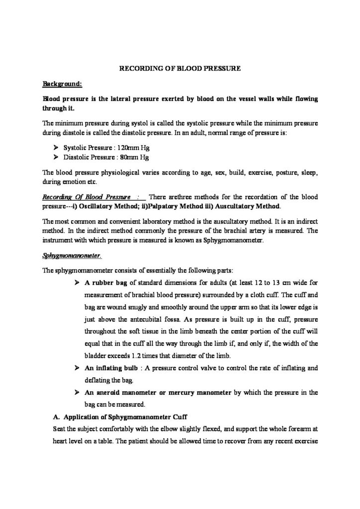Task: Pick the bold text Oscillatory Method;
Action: coord(107,206)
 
